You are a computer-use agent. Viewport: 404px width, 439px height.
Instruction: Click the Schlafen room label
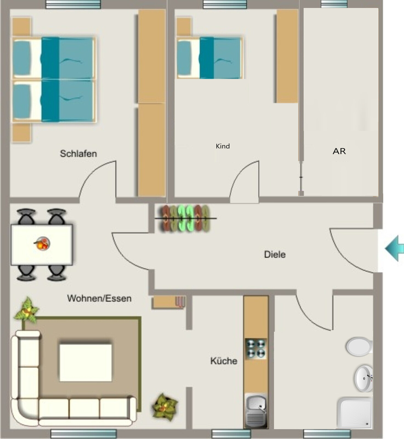pos(78,153)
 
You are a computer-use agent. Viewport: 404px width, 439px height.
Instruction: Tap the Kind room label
pos(223,146)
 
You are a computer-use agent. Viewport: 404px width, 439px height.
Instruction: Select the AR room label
pos(339,151)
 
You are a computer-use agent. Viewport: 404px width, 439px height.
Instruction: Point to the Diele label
pos(275,255)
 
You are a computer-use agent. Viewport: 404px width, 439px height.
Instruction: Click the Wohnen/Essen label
pos(99,298)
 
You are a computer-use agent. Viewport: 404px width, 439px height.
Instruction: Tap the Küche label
pos(224,361)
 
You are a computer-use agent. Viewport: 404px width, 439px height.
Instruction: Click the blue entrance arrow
pos(395,249)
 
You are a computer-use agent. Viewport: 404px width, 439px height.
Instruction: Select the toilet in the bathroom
pos(359,346)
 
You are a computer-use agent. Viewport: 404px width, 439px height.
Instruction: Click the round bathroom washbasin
pos(364,379)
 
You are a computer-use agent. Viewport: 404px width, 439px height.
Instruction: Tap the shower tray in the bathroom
pos(355,413)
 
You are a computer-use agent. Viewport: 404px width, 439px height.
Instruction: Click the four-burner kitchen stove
pos(256,349)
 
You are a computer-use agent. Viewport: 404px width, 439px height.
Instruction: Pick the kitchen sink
pos(256,411)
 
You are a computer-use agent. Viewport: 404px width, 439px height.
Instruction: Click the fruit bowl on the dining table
pos(42,244)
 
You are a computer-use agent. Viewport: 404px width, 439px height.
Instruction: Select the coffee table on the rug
pos(86,363)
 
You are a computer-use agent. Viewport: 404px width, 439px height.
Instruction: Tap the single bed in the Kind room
pos(210,58)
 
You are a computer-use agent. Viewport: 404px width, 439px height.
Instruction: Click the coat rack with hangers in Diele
pos(186,218)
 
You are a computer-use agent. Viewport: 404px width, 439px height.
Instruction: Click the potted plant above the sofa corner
pos(27,310)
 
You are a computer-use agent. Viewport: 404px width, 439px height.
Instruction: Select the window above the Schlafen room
pos(73,4)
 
